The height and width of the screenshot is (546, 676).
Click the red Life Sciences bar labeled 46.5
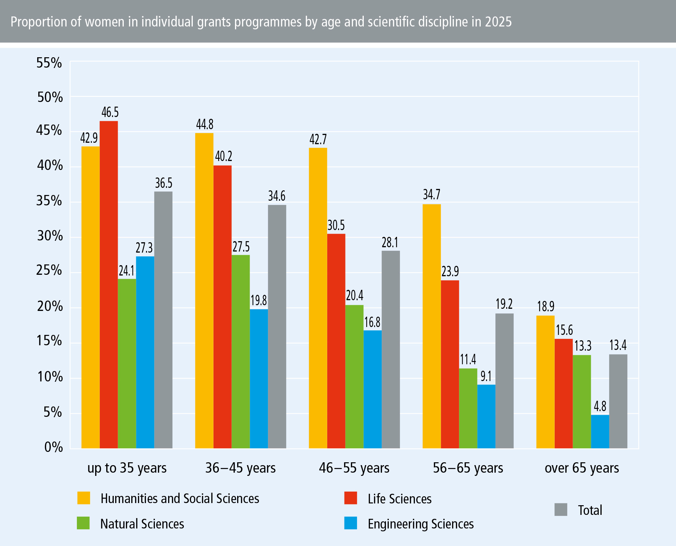(x=109, y=284)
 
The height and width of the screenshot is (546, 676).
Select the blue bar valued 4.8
(x=600, y=432)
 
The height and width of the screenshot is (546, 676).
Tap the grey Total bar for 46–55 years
(x=391, y=349)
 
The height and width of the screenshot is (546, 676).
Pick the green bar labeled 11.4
(x=468, y=408)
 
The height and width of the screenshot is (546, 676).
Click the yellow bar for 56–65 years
(x=431, y=326)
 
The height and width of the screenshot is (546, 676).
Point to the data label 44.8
(x=205, y=125)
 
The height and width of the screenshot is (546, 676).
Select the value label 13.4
(x=618, y=345)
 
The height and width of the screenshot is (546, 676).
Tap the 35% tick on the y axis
(x=49, y=201)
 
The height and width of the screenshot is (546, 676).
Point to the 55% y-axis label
(x=49, y=63)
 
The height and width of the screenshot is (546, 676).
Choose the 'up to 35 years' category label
(x=127, y=468)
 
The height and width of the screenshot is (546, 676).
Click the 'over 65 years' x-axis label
(x=582, y=468)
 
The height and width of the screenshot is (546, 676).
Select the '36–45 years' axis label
(x=240, y=468)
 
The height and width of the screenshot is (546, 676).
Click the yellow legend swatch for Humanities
(x=84, y=498)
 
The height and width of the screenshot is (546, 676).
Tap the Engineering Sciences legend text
(x=421, y=524)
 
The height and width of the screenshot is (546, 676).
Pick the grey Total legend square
(x=561, y=510)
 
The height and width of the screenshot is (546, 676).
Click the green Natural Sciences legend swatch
(x=83, y=523)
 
